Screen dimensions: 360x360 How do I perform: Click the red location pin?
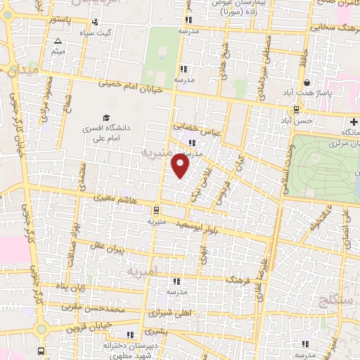181,166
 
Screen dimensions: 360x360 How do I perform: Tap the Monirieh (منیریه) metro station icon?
155,209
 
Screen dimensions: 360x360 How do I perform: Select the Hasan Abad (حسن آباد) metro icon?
296,109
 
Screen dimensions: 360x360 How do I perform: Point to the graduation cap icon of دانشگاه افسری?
105,118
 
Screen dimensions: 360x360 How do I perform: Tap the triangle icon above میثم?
58,41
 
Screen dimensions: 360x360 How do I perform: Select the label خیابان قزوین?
89,327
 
